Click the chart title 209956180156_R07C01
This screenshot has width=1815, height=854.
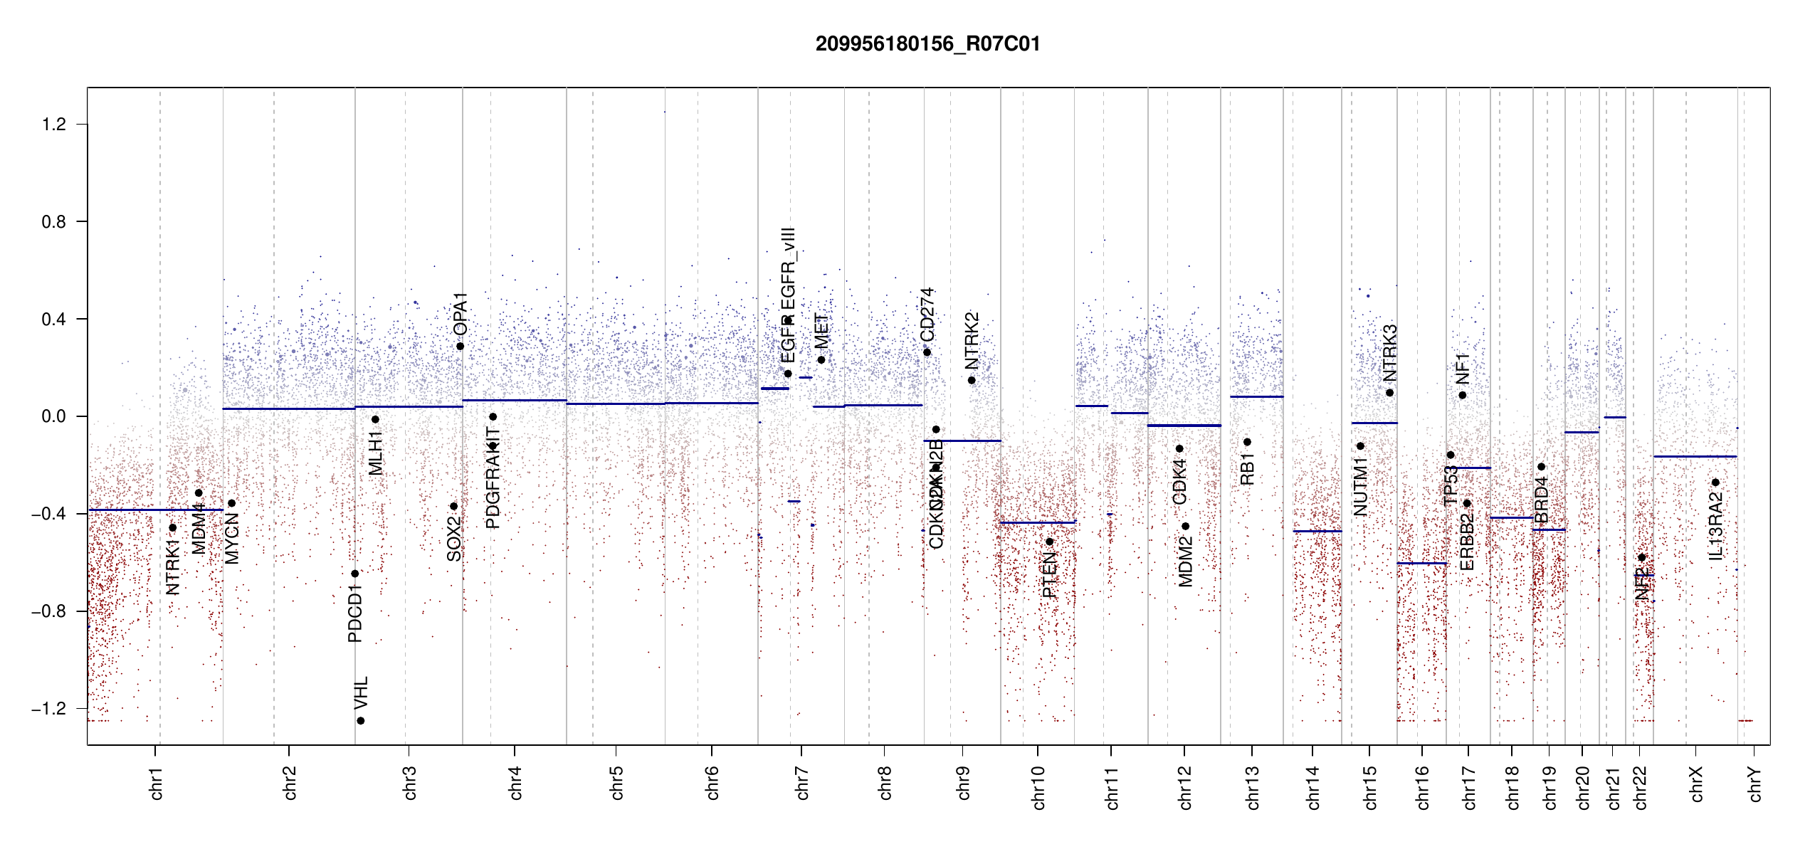coord(927,44)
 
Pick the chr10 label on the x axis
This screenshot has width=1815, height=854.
coord(1038,787)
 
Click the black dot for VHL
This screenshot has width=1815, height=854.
coord(361,721)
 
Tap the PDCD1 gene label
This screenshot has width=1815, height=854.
coord(355,613)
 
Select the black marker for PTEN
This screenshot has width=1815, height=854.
coord(1049,542)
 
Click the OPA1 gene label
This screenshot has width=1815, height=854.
coord(461,314)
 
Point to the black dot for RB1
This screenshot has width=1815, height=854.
coord(1247,442)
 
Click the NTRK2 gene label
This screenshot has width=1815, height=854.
coord(972,340)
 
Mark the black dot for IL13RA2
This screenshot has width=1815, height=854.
coord(1715,483)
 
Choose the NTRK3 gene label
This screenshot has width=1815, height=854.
coord(1389,353)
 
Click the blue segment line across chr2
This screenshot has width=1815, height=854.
coord(288,408)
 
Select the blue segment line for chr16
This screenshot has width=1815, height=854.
coord(1421,563)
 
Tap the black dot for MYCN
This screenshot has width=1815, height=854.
coord(231,503)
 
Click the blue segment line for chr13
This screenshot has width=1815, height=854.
coord(1257,396)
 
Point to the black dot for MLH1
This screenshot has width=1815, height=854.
coord(375,419)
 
